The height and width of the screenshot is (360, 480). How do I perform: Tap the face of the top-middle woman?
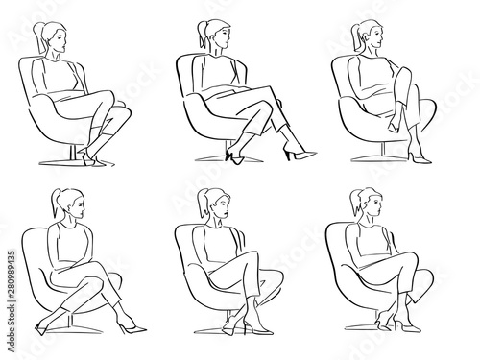[221, 38]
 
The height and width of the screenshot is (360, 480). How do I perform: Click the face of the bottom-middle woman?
[218, 205]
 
